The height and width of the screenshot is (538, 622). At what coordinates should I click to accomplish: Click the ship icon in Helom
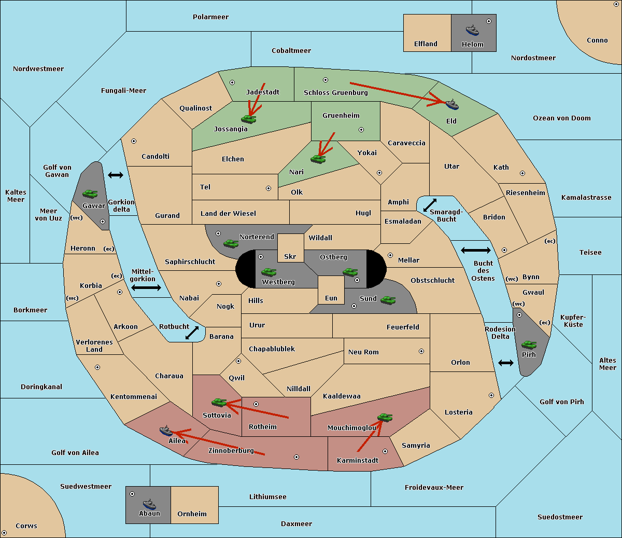click(472, 30)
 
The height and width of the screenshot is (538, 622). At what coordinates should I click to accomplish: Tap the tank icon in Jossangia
click(249, 119)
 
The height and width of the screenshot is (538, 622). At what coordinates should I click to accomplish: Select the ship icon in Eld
click(452, 104)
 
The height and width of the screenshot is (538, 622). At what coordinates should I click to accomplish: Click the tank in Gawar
click(90, 194)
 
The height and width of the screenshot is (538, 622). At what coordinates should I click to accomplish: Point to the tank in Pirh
click(529, 344)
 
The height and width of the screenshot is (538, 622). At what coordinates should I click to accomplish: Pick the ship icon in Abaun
click(149, 504)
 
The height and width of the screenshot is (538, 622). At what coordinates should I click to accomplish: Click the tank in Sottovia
click(219, 402)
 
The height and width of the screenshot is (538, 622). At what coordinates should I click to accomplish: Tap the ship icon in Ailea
click(166, 431)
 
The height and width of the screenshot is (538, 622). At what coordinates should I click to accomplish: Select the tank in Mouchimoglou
click(385, 418)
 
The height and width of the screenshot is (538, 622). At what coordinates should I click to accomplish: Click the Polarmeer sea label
click(210, 17)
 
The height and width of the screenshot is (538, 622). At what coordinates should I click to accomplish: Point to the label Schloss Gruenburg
click(335, 92)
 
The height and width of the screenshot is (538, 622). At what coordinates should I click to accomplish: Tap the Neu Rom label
click(363, 352)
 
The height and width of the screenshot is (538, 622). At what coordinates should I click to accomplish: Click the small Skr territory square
click(290, 248)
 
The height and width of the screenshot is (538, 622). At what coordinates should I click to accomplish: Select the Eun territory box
click(331, 290)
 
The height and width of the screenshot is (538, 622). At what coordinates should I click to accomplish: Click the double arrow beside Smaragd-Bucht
click(430, 205)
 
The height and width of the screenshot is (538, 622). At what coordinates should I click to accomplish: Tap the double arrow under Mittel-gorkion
click(146, 287)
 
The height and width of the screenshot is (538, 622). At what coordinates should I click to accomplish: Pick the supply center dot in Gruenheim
click(361, 130)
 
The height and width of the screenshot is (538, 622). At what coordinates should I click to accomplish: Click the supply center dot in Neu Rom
click(421, 351)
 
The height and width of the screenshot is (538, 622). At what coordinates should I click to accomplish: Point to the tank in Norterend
click(231, 244)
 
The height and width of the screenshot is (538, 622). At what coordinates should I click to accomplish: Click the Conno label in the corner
click(597, 40)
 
